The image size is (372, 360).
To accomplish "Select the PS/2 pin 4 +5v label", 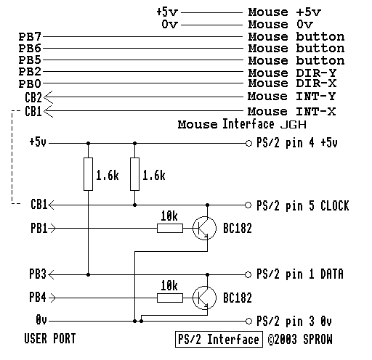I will [298, 142].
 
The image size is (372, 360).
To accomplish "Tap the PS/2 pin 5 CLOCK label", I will [303, 206].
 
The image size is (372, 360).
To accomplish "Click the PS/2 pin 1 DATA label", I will [299, 274].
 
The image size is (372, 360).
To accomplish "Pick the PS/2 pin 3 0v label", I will [294, 320].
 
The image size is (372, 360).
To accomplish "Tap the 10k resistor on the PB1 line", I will [169, 228].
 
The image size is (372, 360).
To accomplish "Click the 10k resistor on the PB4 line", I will [169, 297].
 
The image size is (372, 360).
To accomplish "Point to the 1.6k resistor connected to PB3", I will [88, 174].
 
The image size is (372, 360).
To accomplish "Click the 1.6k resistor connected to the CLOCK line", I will [134, 174].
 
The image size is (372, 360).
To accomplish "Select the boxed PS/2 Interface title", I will [218, 339].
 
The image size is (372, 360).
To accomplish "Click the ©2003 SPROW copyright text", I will [299, 339].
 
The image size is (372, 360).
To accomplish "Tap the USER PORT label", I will [49, 338].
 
